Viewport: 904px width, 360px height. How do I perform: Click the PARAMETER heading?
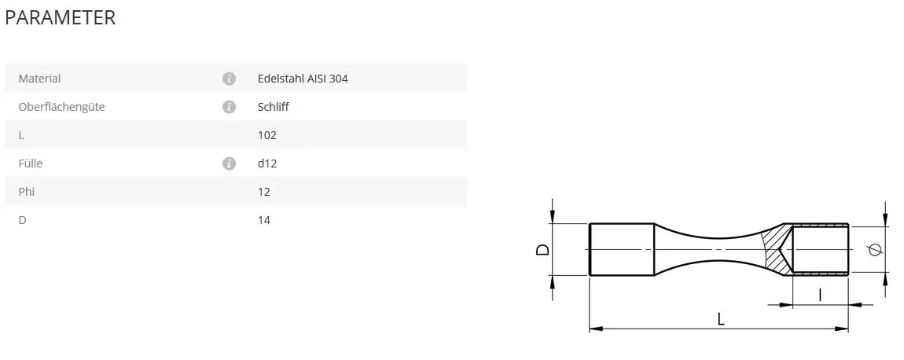pyautogui.click(x=61, y=18)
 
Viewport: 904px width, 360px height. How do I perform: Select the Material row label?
pyautogui.click(x=39, y=79)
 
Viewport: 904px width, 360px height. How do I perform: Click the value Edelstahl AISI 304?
pyautogui.click(x=303, y=79)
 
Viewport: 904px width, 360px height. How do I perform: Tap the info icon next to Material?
pyautogui.click(x=229, y=79)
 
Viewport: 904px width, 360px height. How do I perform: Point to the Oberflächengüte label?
pyautogui.click(x=61, y=107)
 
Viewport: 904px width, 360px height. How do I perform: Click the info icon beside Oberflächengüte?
pyautogui.click(x=229, y=107)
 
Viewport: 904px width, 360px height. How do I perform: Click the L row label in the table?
pyautogui.click(x=21, y=135)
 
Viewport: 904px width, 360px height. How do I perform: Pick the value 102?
pyautogui.click(x=267, y=135)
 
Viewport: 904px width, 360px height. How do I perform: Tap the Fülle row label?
pyautogui.click(x=31, y=163)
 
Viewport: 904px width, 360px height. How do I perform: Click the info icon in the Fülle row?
pyautogui.click(x=229, y=163)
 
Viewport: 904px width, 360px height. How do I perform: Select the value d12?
pyautogui.click(x=267, y=163)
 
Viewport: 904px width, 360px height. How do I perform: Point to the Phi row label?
pyautogui.click(x=27, y=192)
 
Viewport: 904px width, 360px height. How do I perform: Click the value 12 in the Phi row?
pyautogui.click(x=264, y=192)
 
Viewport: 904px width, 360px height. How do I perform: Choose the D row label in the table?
pyautogui.click(x=22, y=220)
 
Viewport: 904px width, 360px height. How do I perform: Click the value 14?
pyautogui.click(x=264, y=220)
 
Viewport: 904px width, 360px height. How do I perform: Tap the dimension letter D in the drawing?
pyautogui.click(x=542, y=250)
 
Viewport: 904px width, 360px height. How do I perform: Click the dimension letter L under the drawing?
pyautogui.click(x=721, y=318)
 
